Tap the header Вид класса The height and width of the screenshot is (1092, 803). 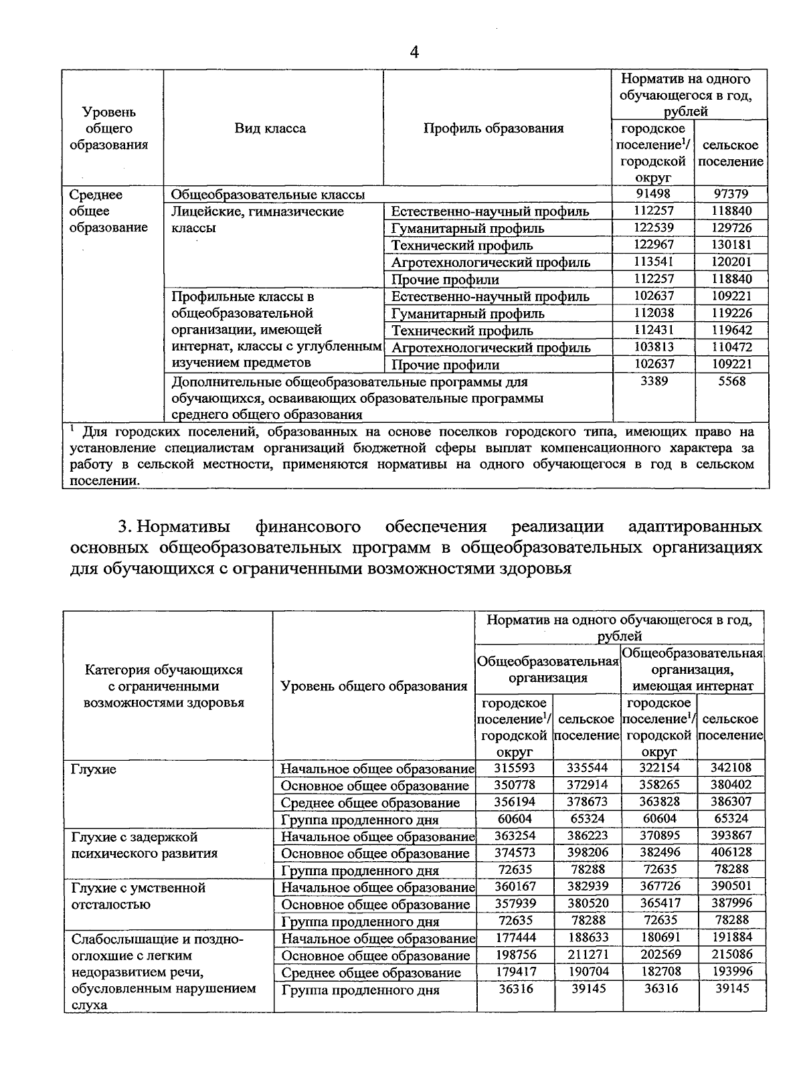point(270,128)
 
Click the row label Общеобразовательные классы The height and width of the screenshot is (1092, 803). point(268,195)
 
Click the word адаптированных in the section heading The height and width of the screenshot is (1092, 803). point(696,527)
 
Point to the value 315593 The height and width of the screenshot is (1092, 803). point(515,767)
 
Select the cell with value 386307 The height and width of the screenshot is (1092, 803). point(731,802)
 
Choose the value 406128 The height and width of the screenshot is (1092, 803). point(731,852)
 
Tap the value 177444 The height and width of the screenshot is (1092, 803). point(515,938)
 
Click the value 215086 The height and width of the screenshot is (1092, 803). point(731,955)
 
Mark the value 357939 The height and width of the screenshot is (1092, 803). point(515,904)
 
